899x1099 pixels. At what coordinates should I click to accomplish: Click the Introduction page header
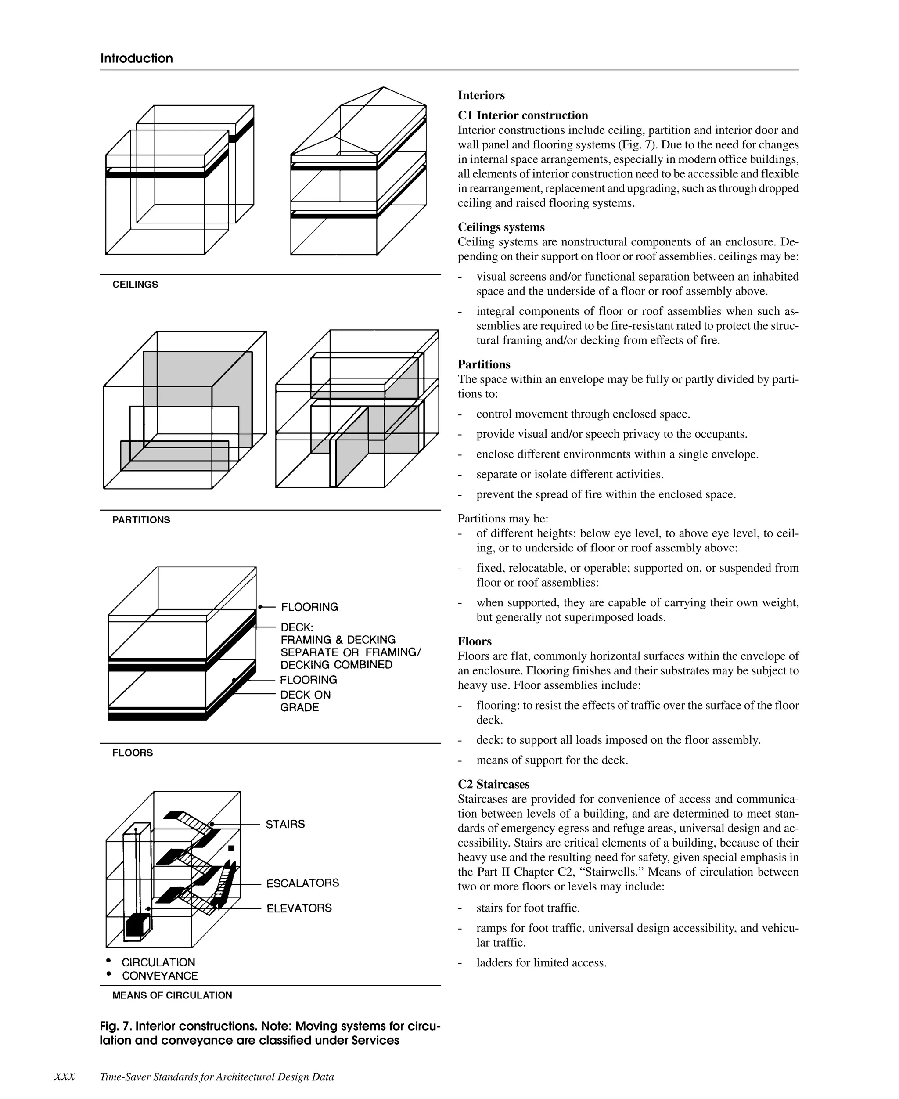pyautogui.click(x=136, y=58)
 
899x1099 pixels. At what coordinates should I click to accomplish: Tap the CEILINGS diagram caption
pyautogui.click(x=135, y=285)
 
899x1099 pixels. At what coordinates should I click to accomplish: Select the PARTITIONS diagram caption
pyautogui.click(x=141, y=520)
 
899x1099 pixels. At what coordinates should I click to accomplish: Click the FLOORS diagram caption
pyautogui.click(x=132, y=753)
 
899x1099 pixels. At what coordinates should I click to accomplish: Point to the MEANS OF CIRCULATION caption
pyautogui.click(x=172, y=995)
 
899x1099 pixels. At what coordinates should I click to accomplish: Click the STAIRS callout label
pyautogui.click(x=285, y=824)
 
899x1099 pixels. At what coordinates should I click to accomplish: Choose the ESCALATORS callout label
pyautogui.click(x=302, y=883)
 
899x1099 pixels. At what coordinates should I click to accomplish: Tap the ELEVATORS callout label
pyautogui.click(x=299, y=908)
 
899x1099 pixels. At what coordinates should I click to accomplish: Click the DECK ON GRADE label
pyautogui.click(x=305, y=701)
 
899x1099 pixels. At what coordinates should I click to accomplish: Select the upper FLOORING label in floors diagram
pyautogui.click(x=309, y=607)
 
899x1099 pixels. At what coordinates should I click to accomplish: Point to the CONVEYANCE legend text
pyautogui.click(x=159, y=976)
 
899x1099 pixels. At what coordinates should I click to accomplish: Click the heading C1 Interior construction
pyautogui.click(x=522, y=115)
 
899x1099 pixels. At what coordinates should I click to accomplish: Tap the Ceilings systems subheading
pyautogui.click(x=501, y=227)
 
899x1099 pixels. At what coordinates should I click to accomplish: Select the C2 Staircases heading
pyautogui.click(x=493, y=784)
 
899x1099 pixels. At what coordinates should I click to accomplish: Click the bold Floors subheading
pyautogui.click(x=475, y=641)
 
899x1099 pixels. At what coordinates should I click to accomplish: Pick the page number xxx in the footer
pyautogui.click(x=65, y=1077)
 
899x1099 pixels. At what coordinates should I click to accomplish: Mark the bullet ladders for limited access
pyautogui.click(x=541, y=963)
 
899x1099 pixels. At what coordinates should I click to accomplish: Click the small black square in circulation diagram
pyautogui.click(x=231, y=848)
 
